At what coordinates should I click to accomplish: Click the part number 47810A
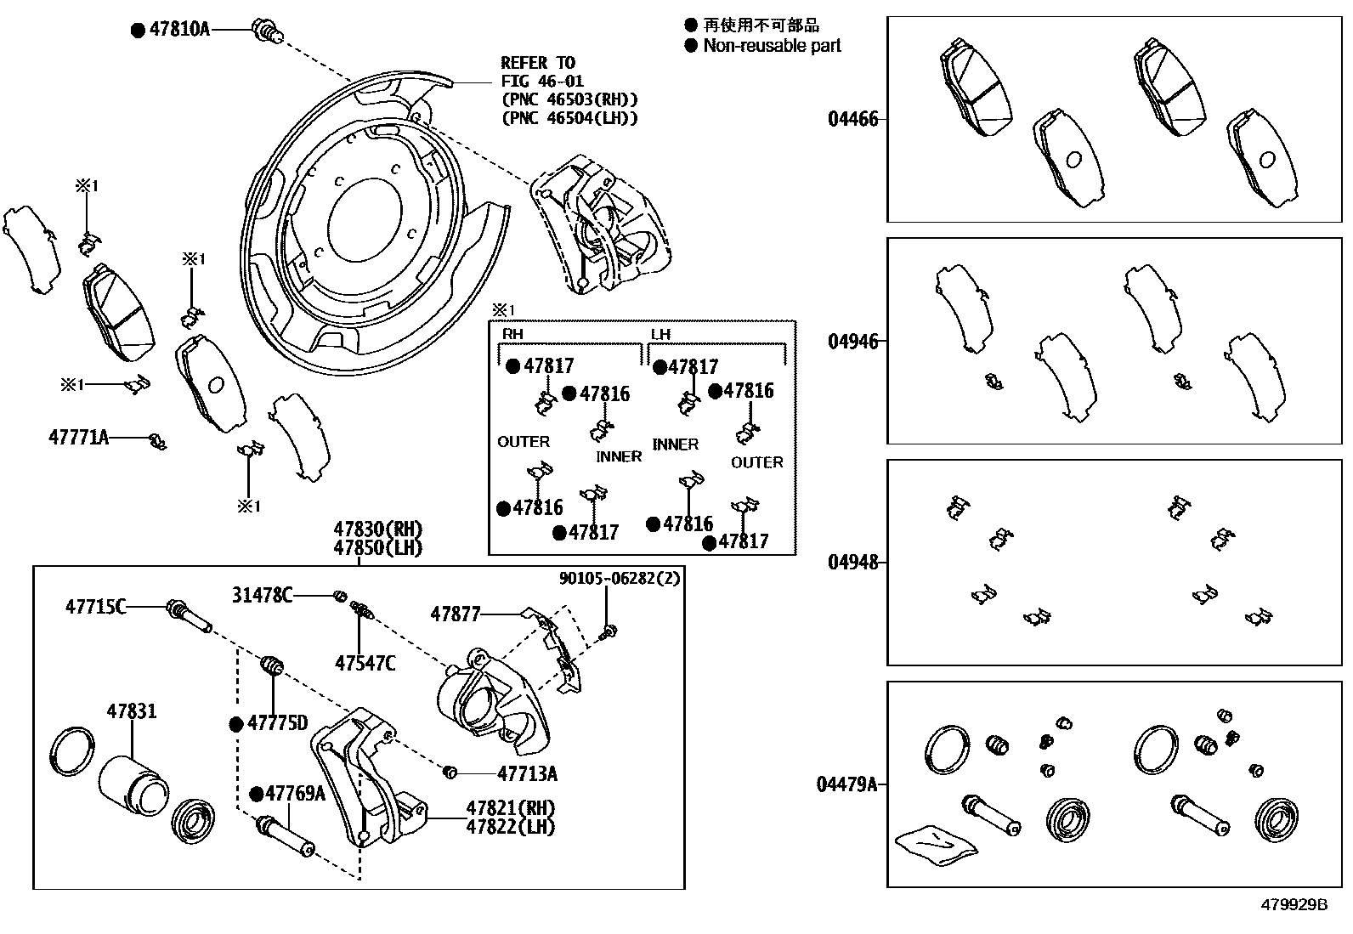(179, 30)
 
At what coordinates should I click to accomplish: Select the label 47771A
(79, 438)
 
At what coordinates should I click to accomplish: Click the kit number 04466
(852, 119)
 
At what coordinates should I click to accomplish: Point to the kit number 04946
(852, 342)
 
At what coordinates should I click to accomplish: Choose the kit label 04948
(852, 563)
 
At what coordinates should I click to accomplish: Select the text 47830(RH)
(378, 529)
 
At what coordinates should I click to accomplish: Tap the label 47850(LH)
(378, 548)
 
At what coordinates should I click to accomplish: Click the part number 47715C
(95, 607)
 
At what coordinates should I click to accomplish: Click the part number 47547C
(365, 664)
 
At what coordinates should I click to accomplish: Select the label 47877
(456, 614)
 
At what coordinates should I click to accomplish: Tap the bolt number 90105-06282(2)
(620, 579)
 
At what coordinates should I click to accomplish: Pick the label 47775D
(277, 723)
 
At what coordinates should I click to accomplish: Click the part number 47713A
(527, 773)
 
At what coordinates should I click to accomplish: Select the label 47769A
(295, 794)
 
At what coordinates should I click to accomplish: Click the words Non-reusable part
(772, 46)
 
